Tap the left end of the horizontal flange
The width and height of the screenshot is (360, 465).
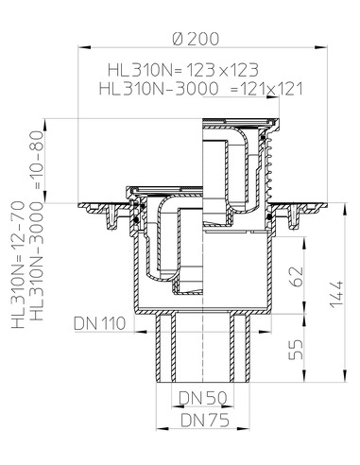pos(84,204)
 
